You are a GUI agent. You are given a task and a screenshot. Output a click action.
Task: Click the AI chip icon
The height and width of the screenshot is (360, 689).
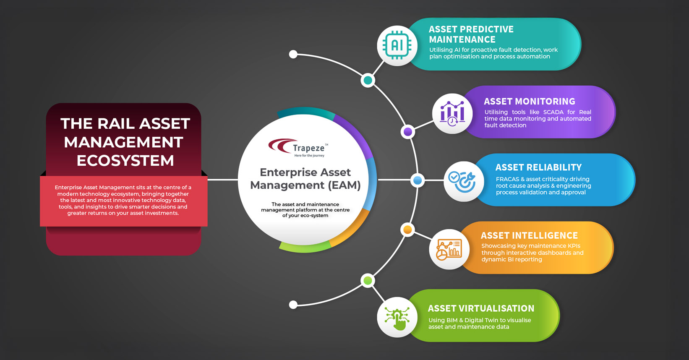[397, 46]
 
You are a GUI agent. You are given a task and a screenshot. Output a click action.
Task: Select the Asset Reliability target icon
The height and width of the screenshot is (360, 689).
[462, 182]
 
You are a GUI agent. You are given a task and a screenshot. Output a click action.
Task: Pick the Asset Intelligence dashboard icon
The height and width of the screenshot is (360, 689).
[449, 250]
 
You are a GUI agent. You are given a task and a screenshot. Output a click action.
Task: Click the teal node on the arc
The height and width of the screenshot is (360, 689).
[368, 80]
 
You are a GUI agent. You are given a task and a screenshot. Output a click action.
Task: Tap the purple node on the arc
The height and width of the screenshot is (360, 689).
[408, 132]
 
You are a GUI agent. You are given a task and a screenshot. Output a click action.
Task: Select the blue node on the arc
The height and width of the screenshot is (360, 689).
[418, 180]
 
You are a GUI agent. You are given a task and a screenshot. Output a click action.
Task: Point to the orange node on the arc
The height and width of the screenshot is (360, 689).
[407, 230]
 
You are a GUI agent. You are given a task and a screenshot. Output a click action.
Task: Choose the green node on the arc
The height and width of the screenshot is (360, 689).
[368, 281]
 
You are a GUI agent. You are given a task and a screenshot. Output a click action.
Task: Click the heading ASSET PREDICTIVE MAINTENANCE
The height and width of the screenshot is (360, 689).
[471, 34]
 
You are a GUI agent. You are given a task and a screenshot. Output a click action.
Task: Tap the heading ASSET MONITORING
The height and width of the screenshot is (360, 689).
[530, 101]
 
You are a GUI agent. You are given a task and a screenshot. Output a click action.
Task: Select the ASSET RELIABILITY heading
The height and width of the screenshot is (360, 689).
[538, 167]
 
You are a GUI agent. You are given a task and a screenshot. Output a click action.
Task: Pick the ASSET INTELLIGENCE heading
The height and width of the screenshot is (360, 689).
[529, 235]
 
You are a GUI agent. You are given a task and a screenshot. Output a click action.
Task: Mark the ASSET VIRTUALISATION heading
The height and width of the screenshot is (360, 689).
[481, 308]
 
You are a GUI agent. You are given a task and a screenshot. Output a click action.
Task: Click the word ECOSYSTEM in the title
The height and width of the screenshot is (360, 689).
[125, 161]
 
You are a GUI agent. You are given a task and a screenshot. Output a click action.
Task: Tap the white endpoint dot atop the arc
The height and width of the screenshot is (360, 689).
[293, 55]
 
